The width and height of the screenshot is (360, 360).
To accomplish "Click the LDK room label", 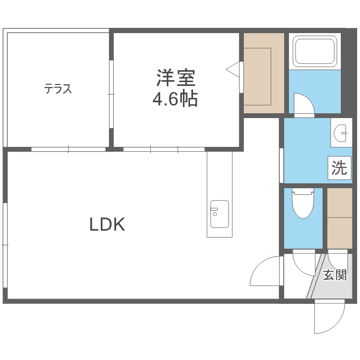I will point(108,225).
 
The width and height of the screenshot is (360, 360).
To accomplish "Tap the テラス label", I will point(58,89).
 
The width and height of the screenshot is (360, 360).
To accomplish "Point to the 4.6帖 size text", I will point(175,99).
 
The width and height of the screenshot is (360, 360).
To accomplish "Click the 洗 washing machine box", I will point(339,168).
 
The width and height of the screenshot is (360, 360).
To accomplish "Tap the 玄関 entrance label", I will point(335,275).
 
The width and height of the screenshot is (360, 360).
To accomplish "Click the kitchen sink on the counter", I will point(219,214).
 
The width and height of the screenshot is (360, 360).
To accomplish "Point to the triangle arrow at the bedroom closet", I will point(232,69).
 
